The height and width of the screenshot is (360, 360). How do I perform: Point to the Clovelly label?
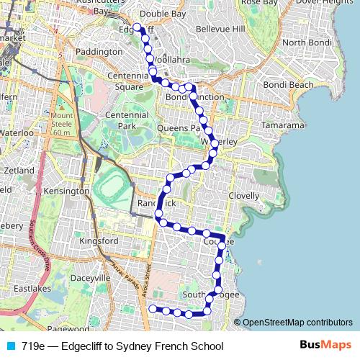(243, 196)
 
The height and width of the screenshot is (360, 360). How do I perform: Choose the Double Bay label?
(162, 14)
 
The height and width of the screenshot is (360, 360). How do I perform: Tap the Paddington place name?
(99, 52)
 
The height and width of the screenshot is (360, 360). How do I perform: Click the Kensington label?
(66, 192)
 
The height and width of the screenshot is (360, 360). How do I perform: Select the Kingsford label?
(99, 240)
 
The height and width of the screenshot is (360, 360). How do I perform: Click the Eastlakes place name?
(30, 289)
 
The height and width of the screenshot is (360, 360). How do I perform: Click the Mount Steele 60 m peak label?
(62, 124)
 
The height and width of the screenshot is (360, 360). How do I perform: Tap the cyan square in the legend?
(10, 346)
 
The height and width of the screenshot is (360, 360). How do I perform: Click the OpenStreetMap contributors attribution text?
(297, 323)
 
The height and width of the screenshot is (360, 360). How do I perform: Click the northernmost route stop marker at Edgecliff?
(137, 28)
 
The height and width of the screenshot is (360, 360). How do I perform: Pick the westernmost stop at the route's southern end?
(152, 309)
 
